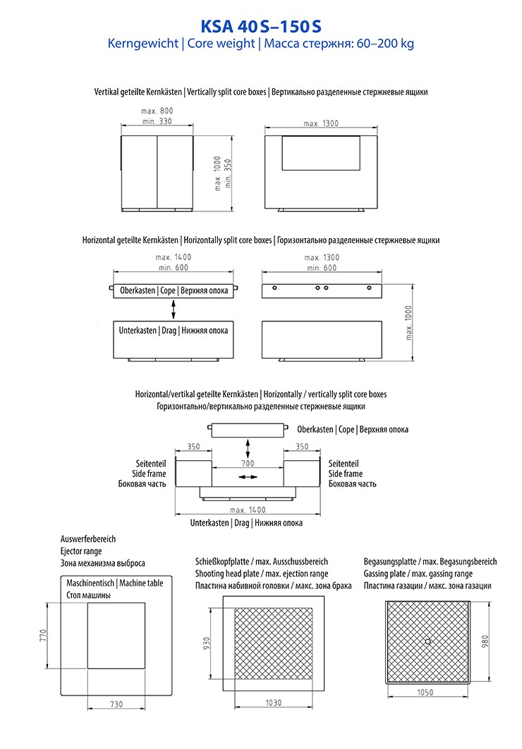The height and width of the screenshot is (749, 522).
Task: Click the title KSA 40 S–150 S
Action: pyautogui.click(x=260, y=26)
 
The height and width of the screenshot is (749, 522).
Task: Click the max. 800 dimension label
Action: pyautogui.click(x=157, y=111)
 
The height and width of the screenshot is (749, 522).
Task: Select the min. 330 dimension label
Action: pyautogui.click(x=157, y=122)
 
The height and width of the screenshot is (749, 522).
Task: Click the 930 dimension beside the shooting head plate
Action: pyautogui.click(x=206, y=643)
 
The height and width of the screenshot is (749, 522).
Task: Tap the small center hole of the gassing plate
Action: pyautogui.click(x=428, y=640)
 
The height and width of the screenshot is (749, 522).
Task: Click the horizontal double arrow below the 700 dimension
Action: pyautogui.click(x=247, y=477)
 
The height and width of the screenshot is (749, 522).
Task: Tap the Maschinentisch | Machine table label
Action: pyautogui.click(x=114, y=583)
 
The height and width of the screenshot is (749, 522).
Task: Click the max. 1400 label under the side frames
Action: pyautogui.click(x=247, y=509)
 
